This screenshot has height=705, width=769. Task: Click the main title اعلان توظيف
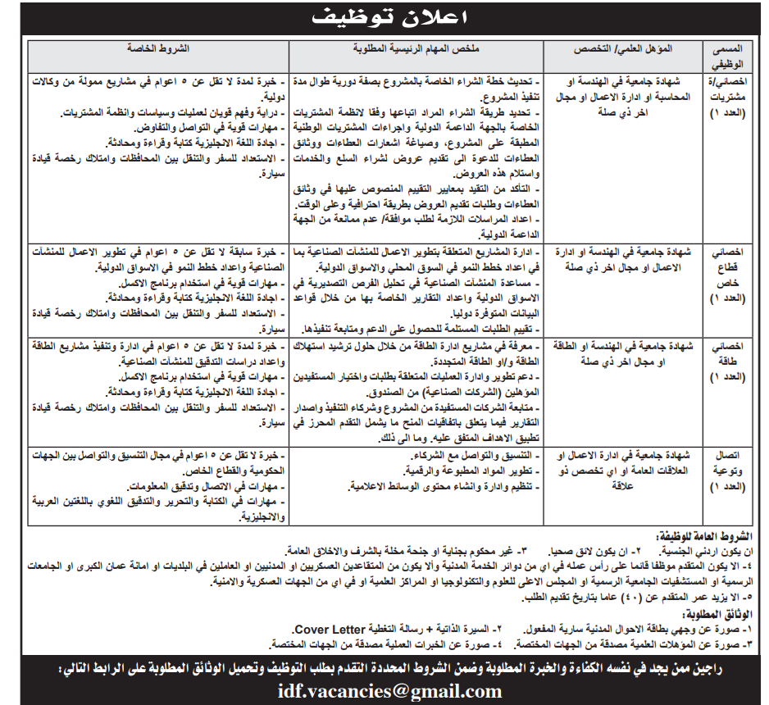coord(384,16)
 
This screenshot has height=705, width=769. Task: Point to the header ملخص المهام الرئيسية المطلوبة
coord(417,49)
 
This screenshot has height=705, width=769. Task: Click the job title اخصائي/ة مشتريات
coord(726,97)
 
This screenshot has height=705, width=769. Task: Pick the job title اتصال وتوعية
coord(726,468)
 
